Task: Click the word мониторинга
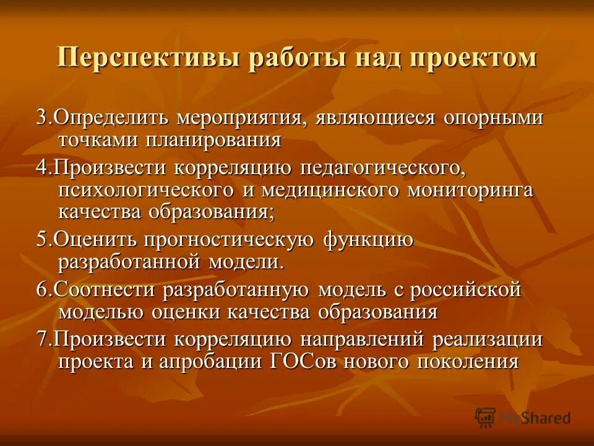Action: tap(470, 190)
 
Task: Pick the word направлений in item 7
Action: tap(362, 339)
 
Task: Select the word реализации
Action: tap(488, 339)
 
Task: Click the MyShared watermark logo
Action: tap(523, 417)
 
